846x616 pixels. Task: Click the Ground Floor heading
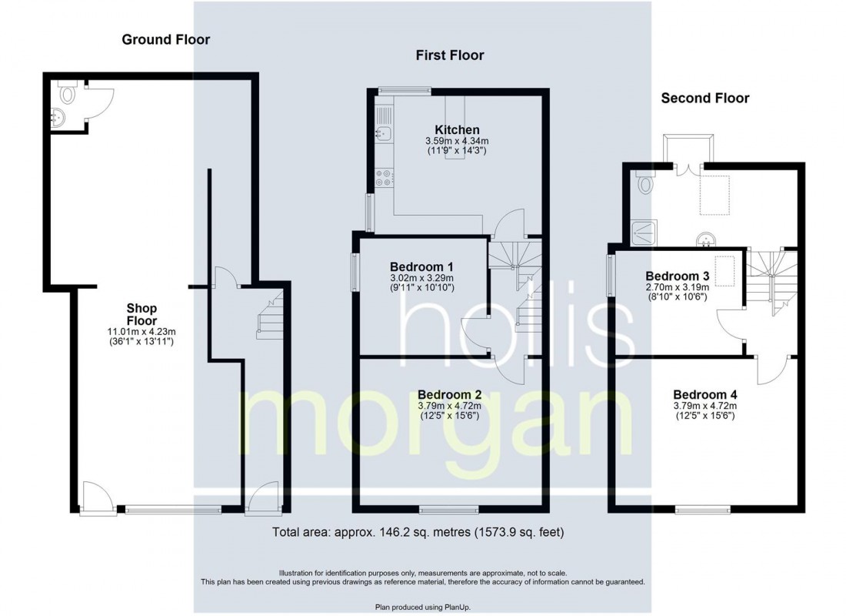(165, 39)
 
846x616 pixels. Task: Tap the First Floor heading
(450, 55)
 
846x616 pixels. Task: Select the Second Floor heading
(705, 98)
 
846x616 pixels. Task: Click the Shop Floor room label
(142, 314)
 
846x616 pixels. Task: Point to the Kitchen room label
(457, 129)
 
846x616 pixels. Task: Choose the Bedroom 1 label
(421, 267)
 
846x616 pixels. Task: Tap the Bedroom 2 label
(449, 395)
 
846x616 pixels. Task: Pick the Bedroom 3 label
(677, 276)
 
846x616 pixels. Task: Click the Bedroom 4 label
(705, 395)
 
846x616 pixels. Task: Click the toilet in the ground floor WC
(66, 92)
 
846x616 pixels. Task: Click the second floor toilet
(644, 182)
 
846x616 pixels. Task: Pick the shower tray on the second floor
(644, 233)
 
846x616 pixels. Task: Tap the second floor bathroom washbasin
(706, 239)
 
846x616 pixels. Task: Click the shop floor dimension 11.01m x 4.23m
(142, 332)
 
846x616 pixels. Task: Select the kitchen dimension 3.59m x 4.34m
(457, 141)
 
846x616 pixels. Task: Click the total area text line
(418, 532)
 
